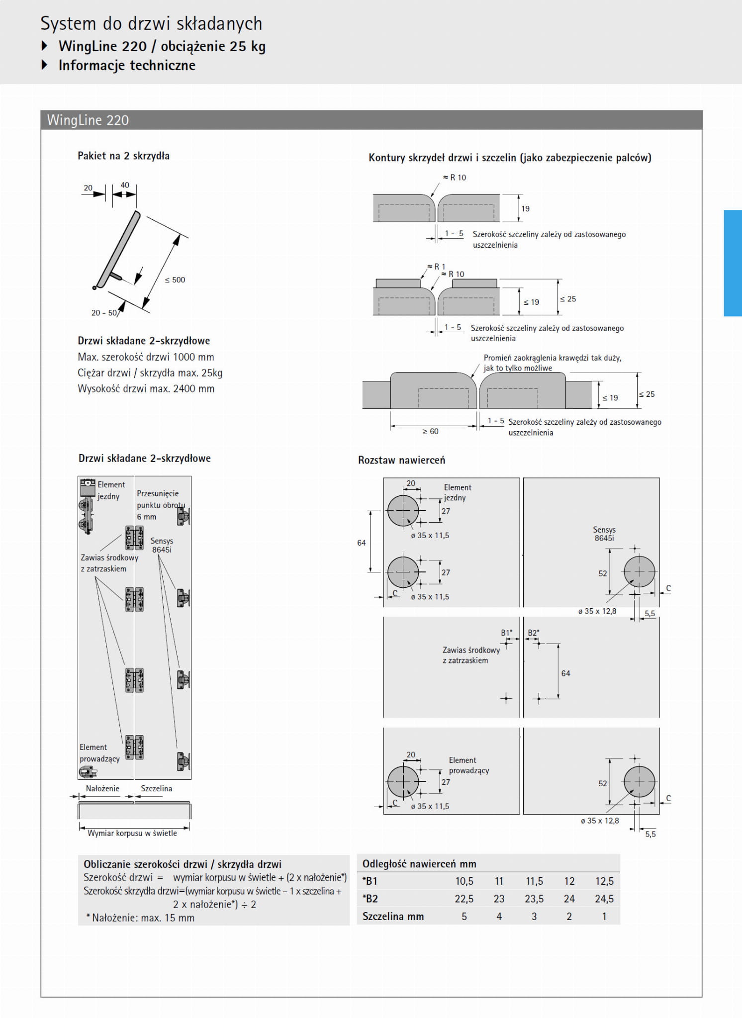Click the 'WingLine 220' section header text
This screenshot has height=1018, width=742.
point(88,120)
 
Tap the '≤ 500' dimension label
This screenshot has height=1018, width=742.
point(175,280)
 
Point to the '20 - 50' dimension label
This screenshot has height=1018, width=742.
point(104,313)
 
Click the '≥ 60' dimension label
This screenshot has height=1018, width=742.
point(430,431)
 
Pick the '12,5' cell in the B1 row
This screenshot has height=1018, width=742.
point(604,881)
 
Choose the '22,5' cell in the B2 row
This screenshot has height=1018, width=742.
point(464,899)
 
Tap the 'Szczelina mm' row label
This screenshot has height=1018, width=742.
point(393,916)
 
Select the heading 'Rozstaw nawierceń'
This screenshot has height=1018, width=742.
point(401,460)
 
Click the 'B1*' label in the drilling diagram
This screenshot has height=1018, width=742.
point(506,633)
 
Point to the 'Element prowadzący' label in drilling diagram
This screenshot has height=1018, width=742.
point(468,765)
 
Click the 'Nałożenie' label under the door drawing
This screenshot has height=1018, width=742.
point(102,788)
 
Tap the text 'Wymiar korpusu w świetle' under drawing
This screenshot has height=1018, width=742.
point(132,833)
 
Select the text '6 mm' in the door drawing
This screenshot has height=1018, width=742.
point(146,517)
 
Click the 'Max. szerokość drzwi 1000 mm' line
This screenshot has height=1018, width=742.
point(146,357)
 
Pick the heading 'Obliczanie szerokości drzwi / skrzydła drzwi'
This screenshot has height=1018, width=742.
point(183,864)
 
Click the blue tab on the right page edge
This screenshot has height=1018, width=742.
point(733,263)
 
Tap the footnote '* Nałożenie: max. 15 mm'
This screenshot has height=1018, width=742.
point(140,918)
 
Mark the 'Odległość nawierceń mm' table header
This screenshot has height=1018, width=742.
point(419,864)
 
